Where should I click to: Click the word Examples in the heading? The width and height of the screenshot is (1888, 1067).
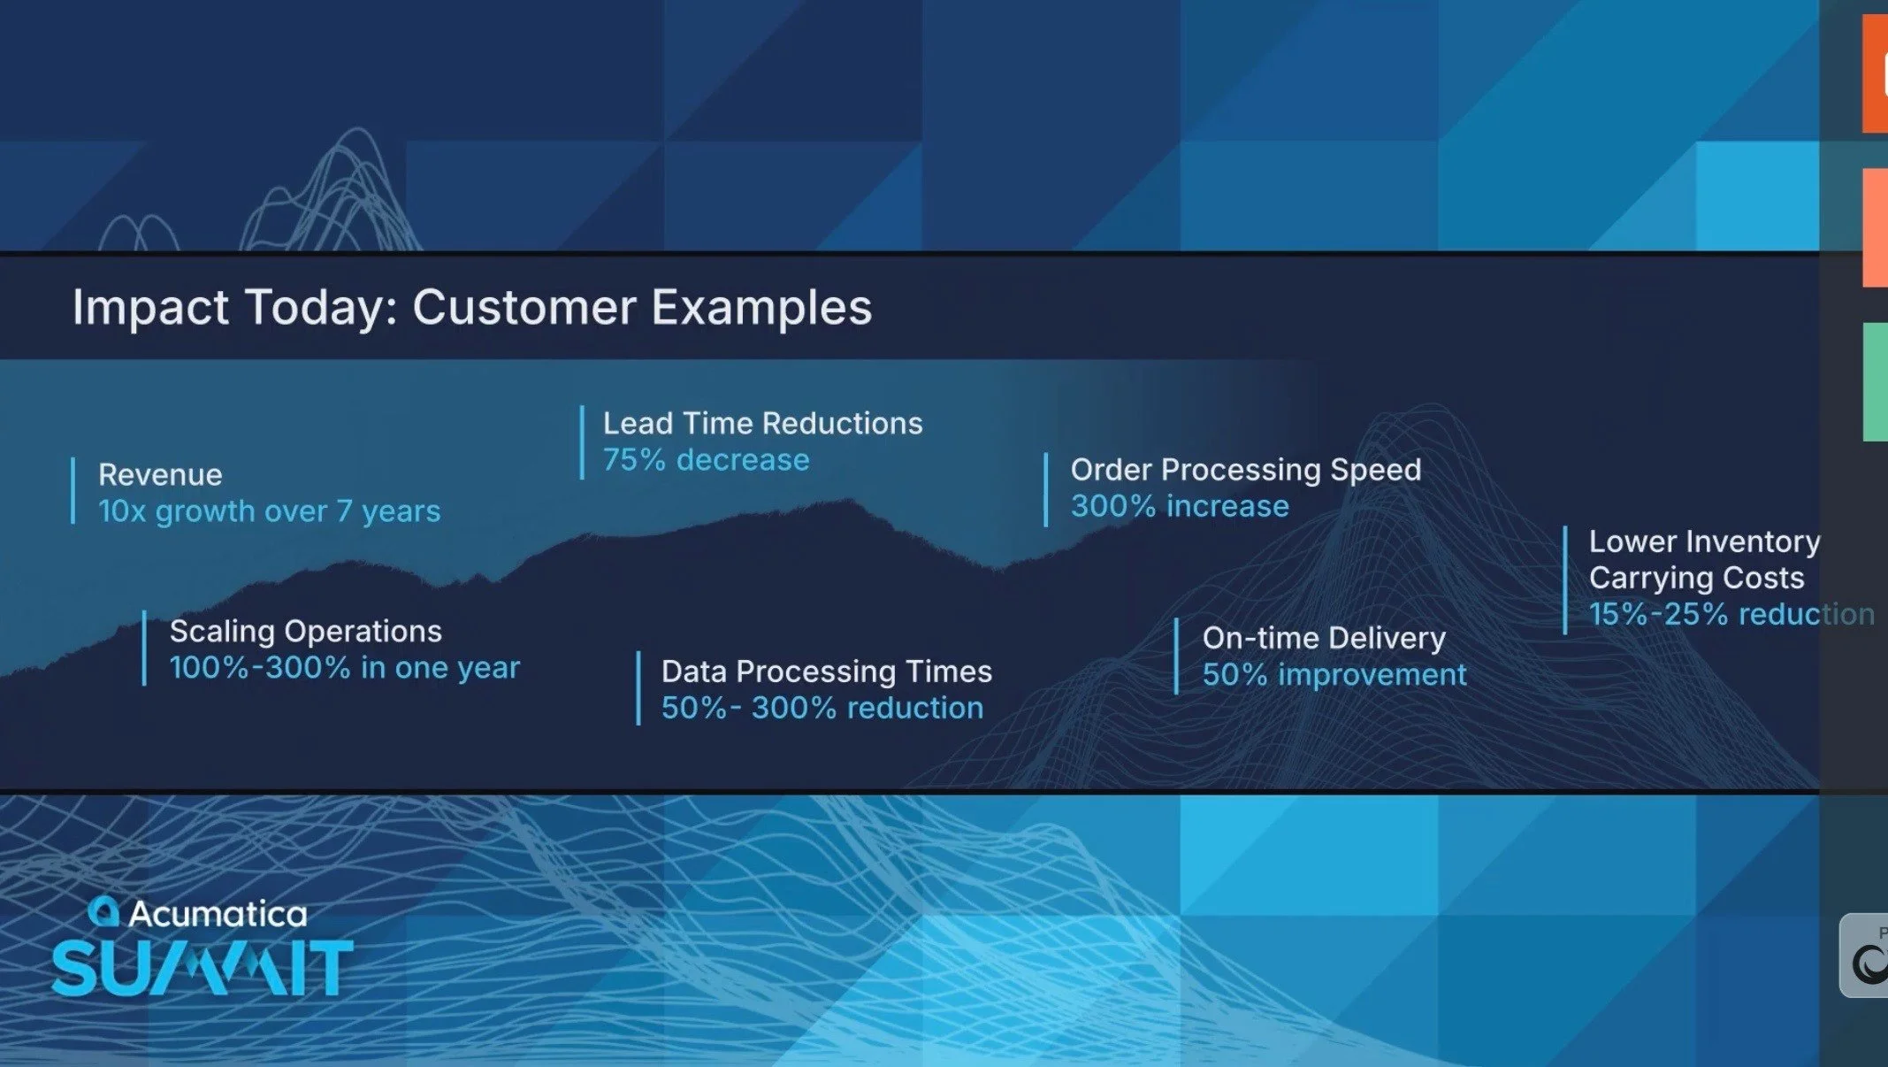[761, 308]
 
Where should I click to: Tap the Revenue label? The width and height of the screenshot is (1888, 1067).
[160, 475]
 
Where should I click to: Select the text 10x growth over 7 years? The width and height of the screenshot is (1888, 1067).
[269, 511]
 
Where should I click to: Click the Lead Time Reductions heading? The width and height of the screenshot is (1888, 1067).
[762, 424]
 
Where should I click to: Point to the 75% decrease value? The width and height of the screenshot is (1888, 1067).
[706, 460]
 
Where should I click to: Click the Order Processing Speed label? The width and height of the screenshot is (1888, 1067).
[1245, 470]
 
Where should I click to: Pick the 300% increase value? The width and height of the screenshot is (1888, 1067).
[1180, 506]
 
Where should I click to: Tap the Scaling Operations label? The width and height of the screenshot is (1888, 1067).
[305, 632]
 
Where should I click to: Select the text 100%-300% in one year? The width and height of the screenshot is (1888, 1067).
[344, 668]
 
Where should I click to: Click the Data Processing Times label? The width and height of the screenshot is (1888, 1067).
[826, 672]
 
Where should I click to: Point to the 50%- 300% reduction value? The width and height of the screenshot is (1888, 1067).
[822, 708]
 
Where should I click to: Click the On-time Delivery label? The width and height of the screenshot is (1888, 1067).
[1324, 639]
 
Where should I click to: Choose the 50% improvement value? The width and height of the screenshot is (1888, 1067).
[1334, 675]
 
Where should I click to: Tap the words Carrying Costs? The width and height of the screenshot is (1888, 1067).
[1695, 578]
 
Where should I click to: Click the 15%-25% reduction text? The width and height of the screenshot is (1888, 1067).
[1731, 614]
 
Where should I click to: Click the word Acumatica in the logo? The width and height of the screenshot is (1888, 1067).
[218, 914]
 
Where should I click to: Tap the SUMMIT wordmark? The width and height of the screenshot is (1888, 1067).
[202, 968]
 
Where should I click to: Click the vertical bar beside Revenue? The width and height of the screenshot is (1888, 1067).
[73, 491]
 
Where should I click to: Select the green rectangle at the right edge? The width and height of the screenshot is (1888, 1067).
[1875, 381]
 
